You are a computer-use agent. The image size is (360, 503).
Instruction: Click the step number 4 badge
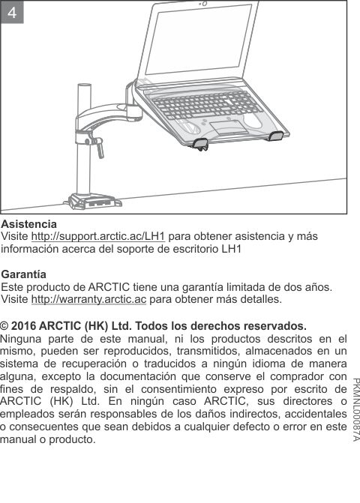click(x=13, y=13)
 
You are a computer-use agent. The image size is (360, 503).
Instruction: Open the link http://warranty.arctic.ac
click(x=88, y=300)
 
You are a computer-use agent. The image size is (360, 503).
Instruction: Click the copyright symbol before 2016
click(x=6, y=327)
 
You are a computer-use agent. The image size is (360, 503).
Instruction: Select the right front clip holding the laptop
click(x=275, y=136)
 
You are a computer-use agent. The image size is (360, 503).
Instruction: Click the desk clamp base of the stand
click(x=90, y=202)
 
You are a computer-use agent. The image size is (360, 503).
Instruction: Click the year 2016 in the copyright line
click(x=26, y=327)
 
